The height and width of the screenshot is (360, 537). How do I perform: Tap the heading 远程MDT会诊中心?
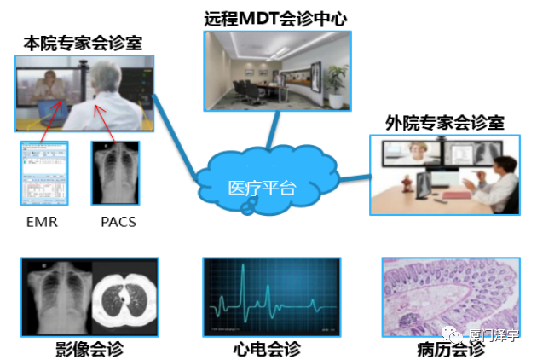(x=275, y=17)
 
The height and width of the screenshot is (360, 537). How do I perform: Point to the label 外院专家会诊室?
(x=444, y=123)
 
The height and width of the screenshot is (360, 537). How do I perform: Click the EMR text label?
(x=42, y=222)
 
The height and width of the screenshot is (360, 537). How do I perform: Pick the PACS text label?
(x=117, y=222)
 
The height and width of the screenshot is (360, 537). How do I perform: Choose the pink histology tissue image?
(x=446, y=295)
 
